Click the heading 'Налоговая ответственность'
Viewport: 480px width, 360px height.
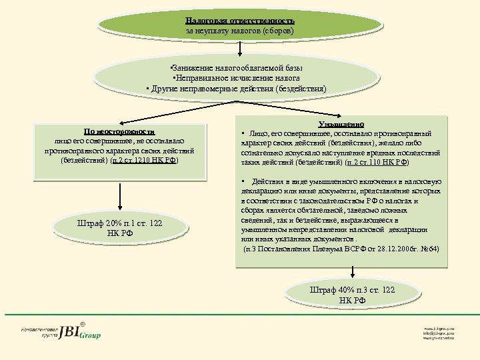point(240,21)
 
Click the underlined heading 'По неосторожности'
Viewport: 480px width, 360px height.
point(119,132)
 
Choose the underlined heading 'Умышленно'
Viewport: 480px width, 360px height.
point(341,124)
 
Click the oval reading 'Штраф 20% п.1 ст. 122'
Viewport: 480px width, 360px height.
point(121,227)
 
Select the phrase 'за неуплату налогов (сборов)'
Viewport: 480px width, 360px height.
point(240,31)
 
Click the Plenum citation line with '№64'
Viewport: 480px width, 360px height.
point(341,249)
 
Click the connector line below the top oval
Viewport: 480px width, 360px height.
point(239,50)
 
